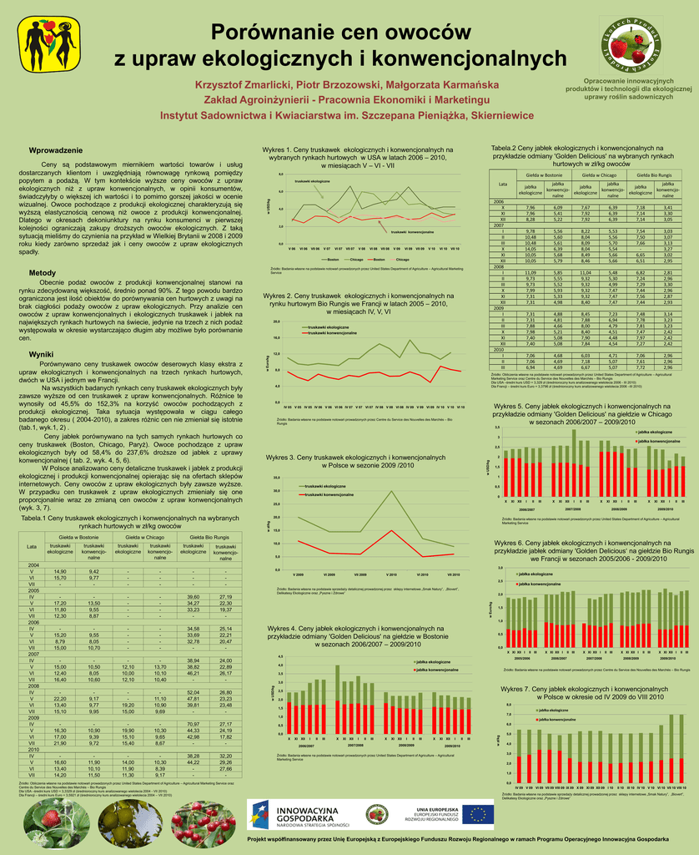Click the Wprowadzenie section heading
coord(56,149)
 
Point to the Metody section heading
coord(43,273)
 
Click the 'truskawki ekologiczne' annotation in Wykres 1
coord(312,181)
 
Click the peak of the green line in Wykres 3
coord(393,491)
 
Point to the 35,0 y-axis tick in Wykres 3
coord(277,478)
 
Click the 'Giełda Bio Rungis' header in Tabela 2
coord(654,175)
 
